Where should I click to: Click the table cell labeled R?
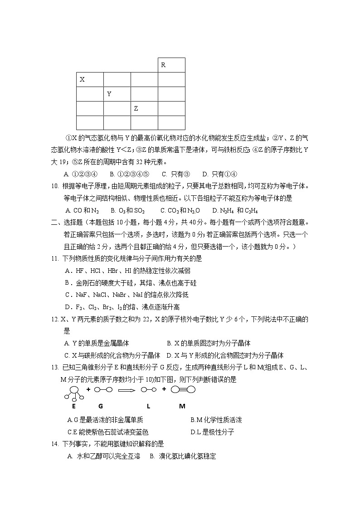pos(171,65)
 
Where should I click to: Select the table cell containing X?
pos(90,80)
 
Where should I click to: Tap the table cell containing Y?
pos(117,94)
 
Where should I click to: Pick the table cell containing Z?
pos(144,108)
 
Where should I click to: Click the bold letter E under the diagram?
pos(73,406)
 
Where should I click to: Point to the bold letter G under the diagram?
pos(100,406)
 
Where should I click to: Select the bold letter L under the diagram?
pos(148,406)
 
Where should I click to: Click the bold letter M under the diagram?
pos(182,406)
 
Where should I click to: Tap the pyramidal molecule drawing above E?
pos(74,392)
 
